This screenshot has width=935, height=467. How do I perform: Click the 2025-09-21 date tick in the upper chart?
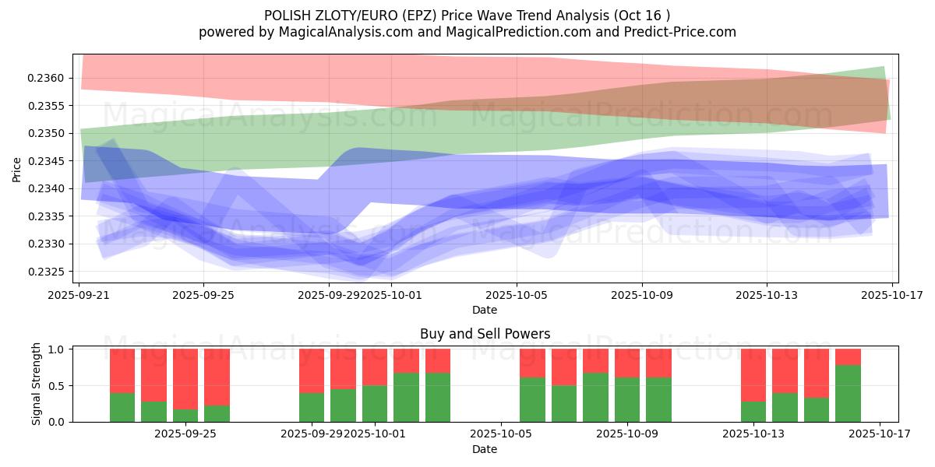coord(79,295)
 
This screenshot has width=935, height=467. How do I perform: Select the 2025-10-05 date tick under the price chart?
coord(517,295)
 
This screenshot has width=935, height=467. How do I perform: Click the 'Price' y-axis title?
coord(17,169)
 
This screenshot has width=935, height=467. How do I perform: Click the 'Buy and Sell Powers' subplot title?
coord(485,334)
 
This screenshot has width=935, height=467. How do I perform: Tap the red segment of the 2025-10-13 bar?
coord(753,375)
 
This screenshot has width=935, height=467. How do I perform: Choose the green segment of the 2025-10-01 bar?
coord(375,404)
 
